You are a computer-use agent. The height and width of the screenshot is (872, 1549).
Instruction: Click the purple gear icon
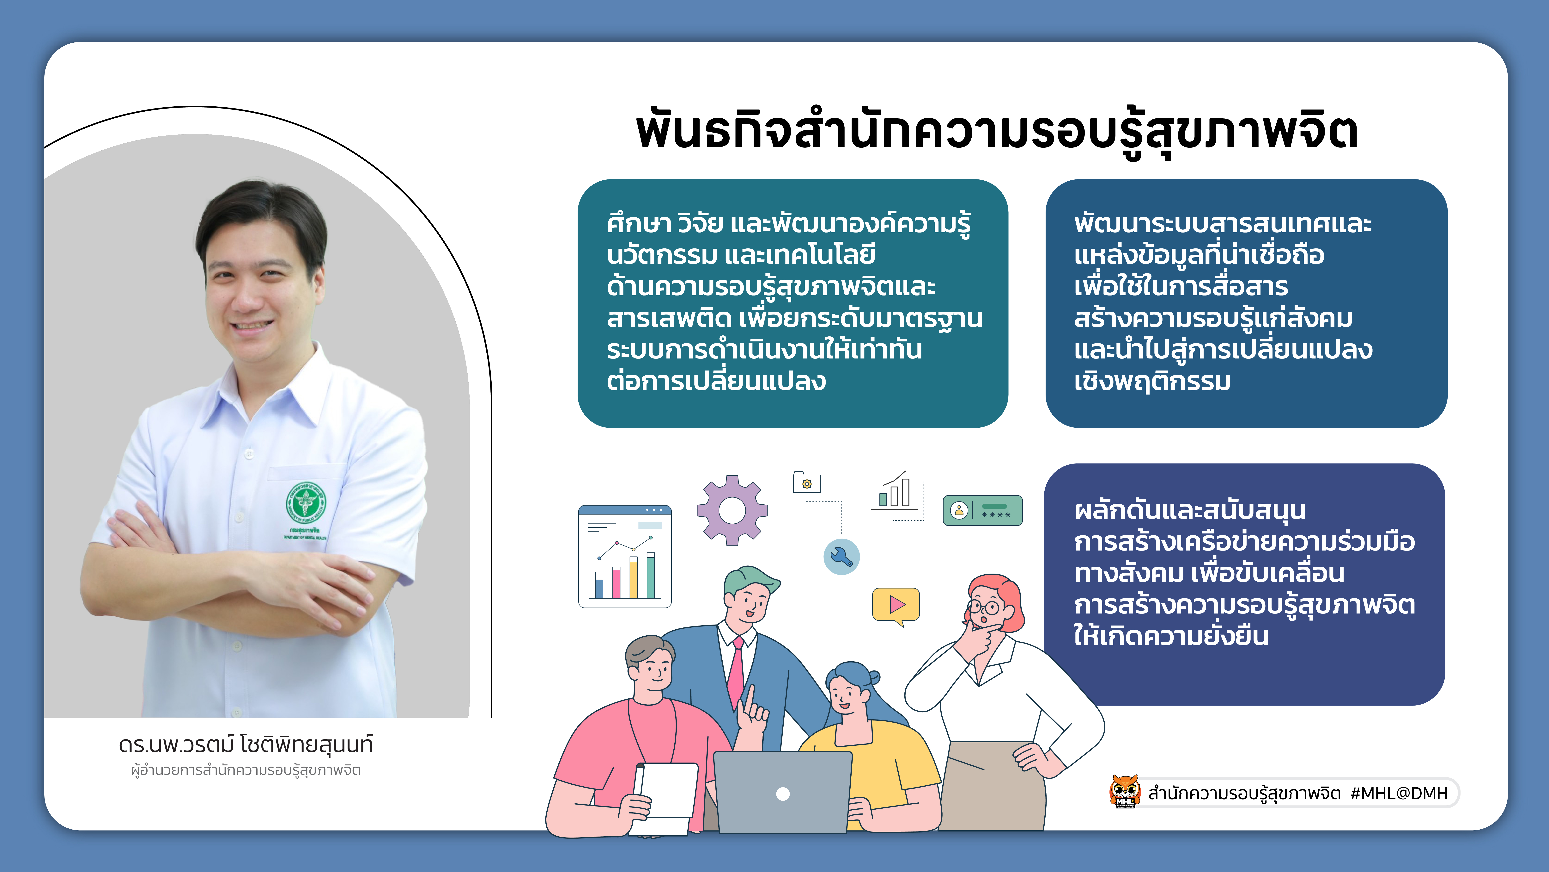(x=732, y=510)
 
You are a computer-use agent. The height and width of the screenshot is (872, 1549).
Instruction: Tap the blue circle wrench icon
(x=841, y=557)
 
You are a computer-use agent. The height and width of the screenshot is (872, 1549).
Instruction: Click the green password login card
(x=983, y=510)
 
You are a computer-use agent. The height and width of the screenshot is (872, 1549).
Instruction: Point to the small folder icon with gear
(x=807, y=482)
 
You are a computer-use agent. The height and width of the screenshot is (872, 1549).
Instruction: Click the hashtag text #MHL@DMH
(x=1399, y=793)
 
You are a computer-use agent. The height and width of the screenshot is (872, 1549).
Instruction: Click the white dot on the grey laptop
(x=783, y=794)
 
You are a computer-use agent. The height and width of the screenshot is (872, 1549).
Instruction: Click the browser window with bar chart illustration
(x=625, y=557)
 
